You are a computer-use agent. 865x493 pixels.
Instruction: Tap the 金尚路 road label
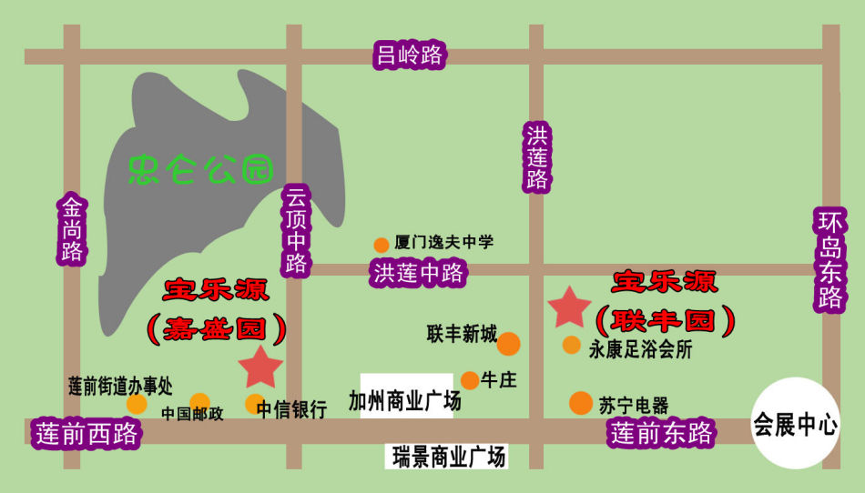click(73, 228)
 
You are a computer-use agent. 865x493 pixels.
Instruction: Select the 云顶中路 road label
click(297, 229)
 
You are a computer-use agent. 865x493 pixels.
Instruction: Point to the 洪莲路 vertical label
click(537, 156)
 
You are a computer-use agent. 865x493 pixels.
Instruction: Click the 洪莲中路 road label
click(418, 273)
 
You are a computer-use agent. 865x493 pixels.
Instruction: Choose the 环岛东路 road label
click(830, 260)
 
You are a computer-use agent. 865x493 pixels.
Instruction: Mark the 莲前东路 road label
click(662, 433)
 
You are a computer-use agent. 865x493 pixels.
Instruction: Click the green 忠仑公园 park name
click(201, 168)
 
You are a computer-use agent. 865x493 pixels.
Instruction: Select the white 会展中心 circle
click(795, 424)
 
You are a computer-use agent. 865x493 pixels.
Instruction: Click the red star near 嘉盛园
click(262, 367)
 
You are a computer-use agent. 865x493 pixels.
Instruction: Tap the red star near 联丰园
click(570, 307)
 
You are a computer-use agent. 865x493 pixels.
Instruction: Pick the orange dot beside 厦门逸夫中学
click(382, 245)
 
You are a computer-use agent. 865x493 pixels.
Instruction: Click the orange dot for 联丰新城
click(508, 344)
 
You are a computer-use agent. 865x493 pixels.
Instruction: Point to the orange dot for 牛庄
click(470, 380)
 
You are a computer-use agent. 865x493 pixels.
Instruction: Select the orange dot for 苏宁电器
click(581, 402)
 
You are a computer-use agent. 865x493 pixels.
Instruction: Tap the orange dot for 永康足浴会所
click(571, 345)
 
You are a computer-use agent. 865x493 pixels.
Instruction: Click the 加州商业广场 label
click(406, 401)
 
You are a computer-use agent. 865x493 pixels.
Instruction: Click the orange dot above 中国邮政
click(199, 402)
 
